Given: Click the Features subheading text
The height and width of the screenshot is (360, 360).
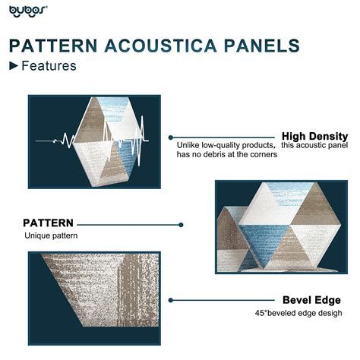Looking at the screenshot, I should point(49,66).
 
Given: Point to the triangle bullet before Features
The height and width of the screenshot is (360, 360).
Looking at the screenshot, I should point(13,66).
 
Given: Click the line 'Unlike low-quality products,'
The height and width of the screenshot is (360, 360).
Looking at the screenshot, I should point(226,145).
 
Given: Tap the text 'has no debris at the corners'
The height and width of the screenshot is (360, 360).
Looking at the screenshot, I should point(226,155).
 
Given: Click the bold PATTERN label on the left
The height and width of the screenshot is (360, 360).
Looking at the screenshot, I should point(48,223).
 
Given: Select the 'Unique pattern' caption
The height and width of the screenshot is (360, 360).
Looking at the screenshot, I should point(50,236).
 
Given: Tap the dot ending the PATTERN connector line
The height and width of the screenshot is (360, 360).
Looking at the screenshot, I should point(181,225).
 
